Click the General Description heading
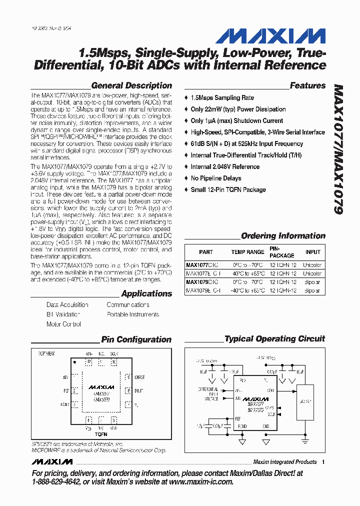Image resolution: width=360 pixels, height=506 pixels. (131, 85)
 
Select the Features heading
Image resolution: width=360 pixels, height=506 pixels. (307, 85)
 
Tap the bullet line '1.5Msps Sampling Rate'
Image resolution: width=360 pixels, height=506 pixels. (222, 98)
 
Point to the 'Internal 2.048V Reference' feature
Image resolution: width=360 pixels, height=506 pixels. (225, 167)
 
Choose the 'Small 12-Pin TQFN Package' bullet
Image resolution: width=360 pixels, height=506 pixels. (228, 190)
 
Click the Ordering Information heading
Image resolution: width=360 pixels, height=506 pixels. (283, 236)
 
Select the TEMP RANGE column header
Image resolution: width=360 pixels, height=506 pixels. (247, 252)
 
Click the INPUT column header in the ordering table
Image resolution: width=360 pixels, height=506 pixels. (313, 252)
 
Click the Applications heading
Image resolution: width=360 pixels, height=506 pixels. (146, 294)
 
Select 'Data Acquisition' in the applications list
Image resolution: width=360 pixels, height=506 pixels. (67, 305)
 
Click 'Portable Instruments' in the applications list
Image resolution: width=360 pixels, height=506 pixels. (132, 314)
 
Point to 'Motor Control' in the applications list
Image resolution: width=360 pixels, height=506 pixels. (63, 324)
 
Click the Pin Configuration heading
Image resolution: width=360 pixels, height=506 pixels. (136, 339)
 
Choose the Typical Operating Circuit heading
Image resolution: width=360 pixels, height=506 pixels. (274, 339)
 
